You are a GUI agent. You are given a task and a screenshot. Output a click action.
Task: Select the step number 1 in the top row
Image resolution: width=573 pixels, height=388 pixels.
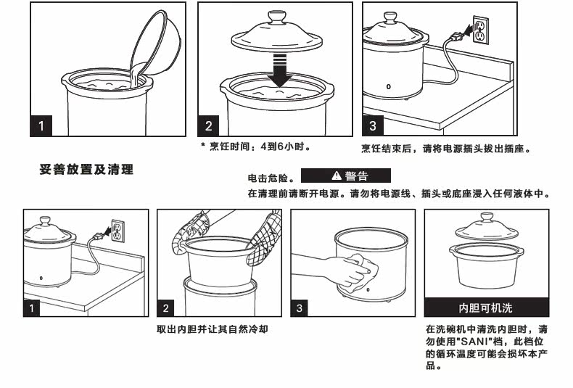click(x=42, y=126)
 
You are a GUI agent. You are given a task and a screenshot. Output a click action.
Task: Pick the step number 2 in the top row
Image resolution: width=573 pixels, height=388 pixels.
click(x=209, y=126)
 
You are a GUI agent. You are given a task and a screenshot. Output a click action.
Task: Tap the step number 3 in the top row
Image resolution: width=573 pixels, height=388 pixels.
click(x=373, y=126)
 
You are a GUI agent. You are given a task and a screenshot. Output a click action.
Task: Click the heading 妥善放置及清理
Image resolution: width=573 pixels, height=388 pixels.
click(x=86, y=170)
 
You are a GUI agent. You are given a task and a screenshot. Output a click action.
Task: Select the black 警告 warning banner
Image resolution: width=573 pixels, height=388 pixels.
click(x=345, y=176)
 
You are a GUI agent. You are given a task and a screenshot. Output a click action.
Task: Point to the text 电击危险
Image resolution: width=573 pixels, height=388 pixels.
click(x=270, y=178)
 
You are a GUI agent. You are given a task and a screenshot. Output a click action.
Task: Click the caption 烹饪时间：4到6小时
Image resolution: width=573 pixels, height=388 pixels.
click(x=259, y=147)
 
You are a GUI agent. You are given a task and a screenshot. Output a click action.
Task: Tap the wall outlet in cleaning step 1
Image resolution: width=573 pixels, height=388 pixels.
click(x=115, y=231)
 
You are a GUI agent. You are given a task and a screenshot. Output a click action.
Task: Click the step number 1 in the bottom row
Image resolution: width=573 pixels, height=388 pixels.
click(x=32, y=308)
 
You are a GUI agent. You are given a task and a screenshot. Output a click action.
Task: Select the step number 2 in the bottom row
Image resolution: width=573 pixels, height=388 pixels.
click(x=166, y=308)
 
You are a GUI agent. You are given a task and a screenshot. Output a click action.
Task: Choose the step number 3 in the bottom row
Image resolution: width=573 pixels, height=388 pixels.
click(x=300, y=308)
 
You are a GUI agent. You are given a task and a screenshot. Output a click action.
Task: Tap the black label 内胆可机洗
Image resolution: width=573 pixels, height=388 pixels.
click(x=485, y=307)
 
